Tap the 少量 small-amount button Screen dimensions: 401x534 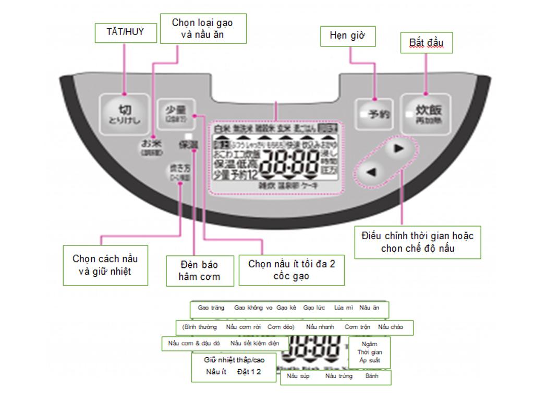(x=176, y=112)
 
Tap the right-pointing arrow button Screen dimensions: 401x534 (x=399, y=149)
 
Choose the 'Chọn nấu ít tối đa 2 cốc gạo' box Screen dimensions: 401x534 (x=292, y=269)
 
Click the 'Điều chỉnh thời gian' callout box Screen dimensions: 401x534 (x=417, y=242)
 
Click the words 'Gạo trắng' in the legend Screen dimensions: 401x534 (x=211, y=308)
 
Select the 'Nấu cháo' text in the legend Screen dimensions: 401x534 (x=391, y=327)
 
